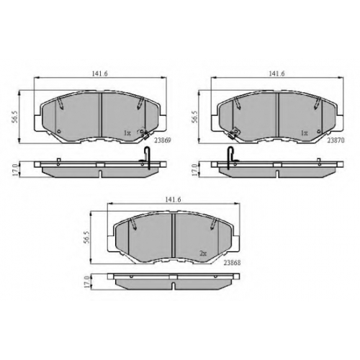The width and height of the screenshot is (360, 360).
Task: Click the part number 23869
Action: coord(163,140)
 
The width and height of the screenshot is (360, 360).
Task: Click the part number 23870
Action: coord(336,140)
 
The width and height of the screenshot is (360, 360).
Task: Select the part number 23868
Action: coord(232,263)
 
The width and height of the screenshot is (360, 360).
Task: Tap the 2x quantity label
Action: coord(203,253)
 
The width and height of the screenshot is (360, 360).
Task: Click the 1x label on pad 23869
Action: coord(127,132)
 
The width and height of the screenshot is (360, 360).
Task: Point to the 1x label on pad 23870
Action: coord(305,132)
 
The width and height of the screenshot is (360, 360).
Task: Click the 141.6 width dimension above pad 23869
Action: coord(100,73)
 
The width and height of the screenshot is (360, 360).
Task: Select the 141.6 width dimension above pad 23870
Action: coord(276,73)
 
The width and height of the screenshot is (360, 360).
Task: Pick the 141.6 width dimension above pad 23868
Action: coord(174,199)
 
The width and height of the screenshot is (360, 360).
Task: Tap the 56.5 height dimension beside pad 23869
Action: coord(14,117)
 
